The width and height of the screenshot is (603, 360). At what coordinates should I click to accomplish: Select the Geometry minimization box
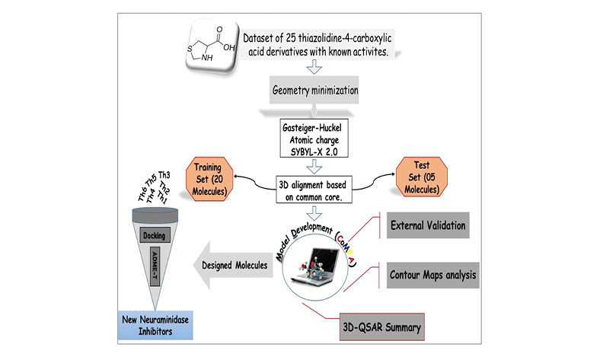click(314, 91)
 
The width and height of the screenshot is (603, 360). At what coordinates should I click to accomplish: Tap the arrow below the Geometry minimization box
click(314, 113)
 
